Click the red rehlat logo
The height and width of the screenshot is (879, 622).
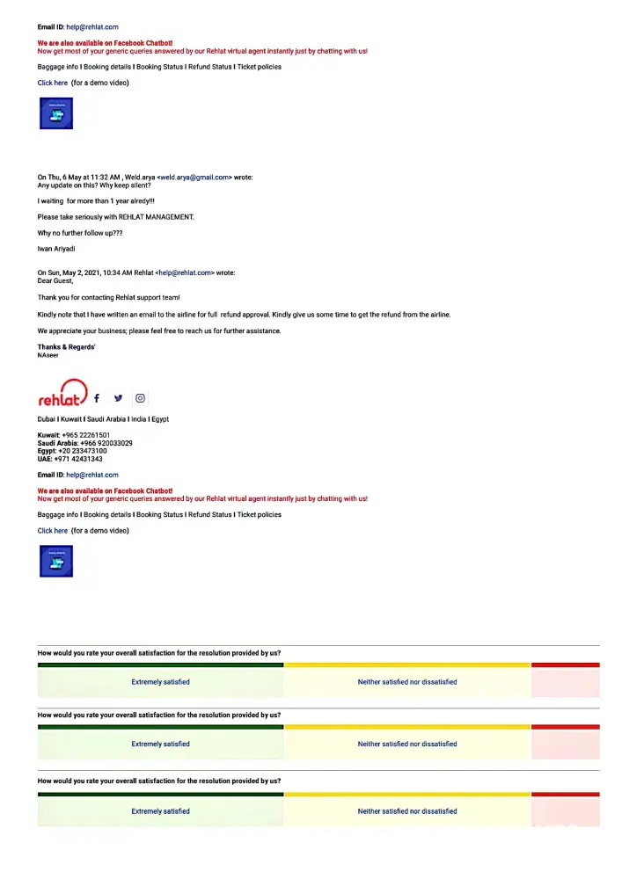tap(62, 395)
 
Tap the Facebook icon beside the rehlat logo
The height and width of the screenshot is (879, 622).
tap(97, 398)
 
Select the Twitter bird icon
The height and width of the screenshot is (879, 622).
tap(119, 398)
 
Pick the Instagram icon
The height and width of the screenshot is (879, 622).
tap(141, 398)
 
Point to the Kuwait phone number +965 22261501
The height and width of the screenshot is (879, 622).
tap(86, 435)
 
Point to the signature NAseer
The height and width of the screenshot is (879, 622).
tap(48, 355)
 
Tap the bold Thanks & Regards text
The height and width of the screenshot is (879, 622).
tap(66, 347)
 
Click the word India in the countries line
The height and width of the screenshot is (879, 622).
tap(136, 419)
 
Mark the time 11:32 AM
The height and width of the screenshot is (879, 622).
tap(105, 178)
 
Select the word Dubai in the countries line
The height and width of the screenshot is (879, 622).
tap(47, 419)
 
